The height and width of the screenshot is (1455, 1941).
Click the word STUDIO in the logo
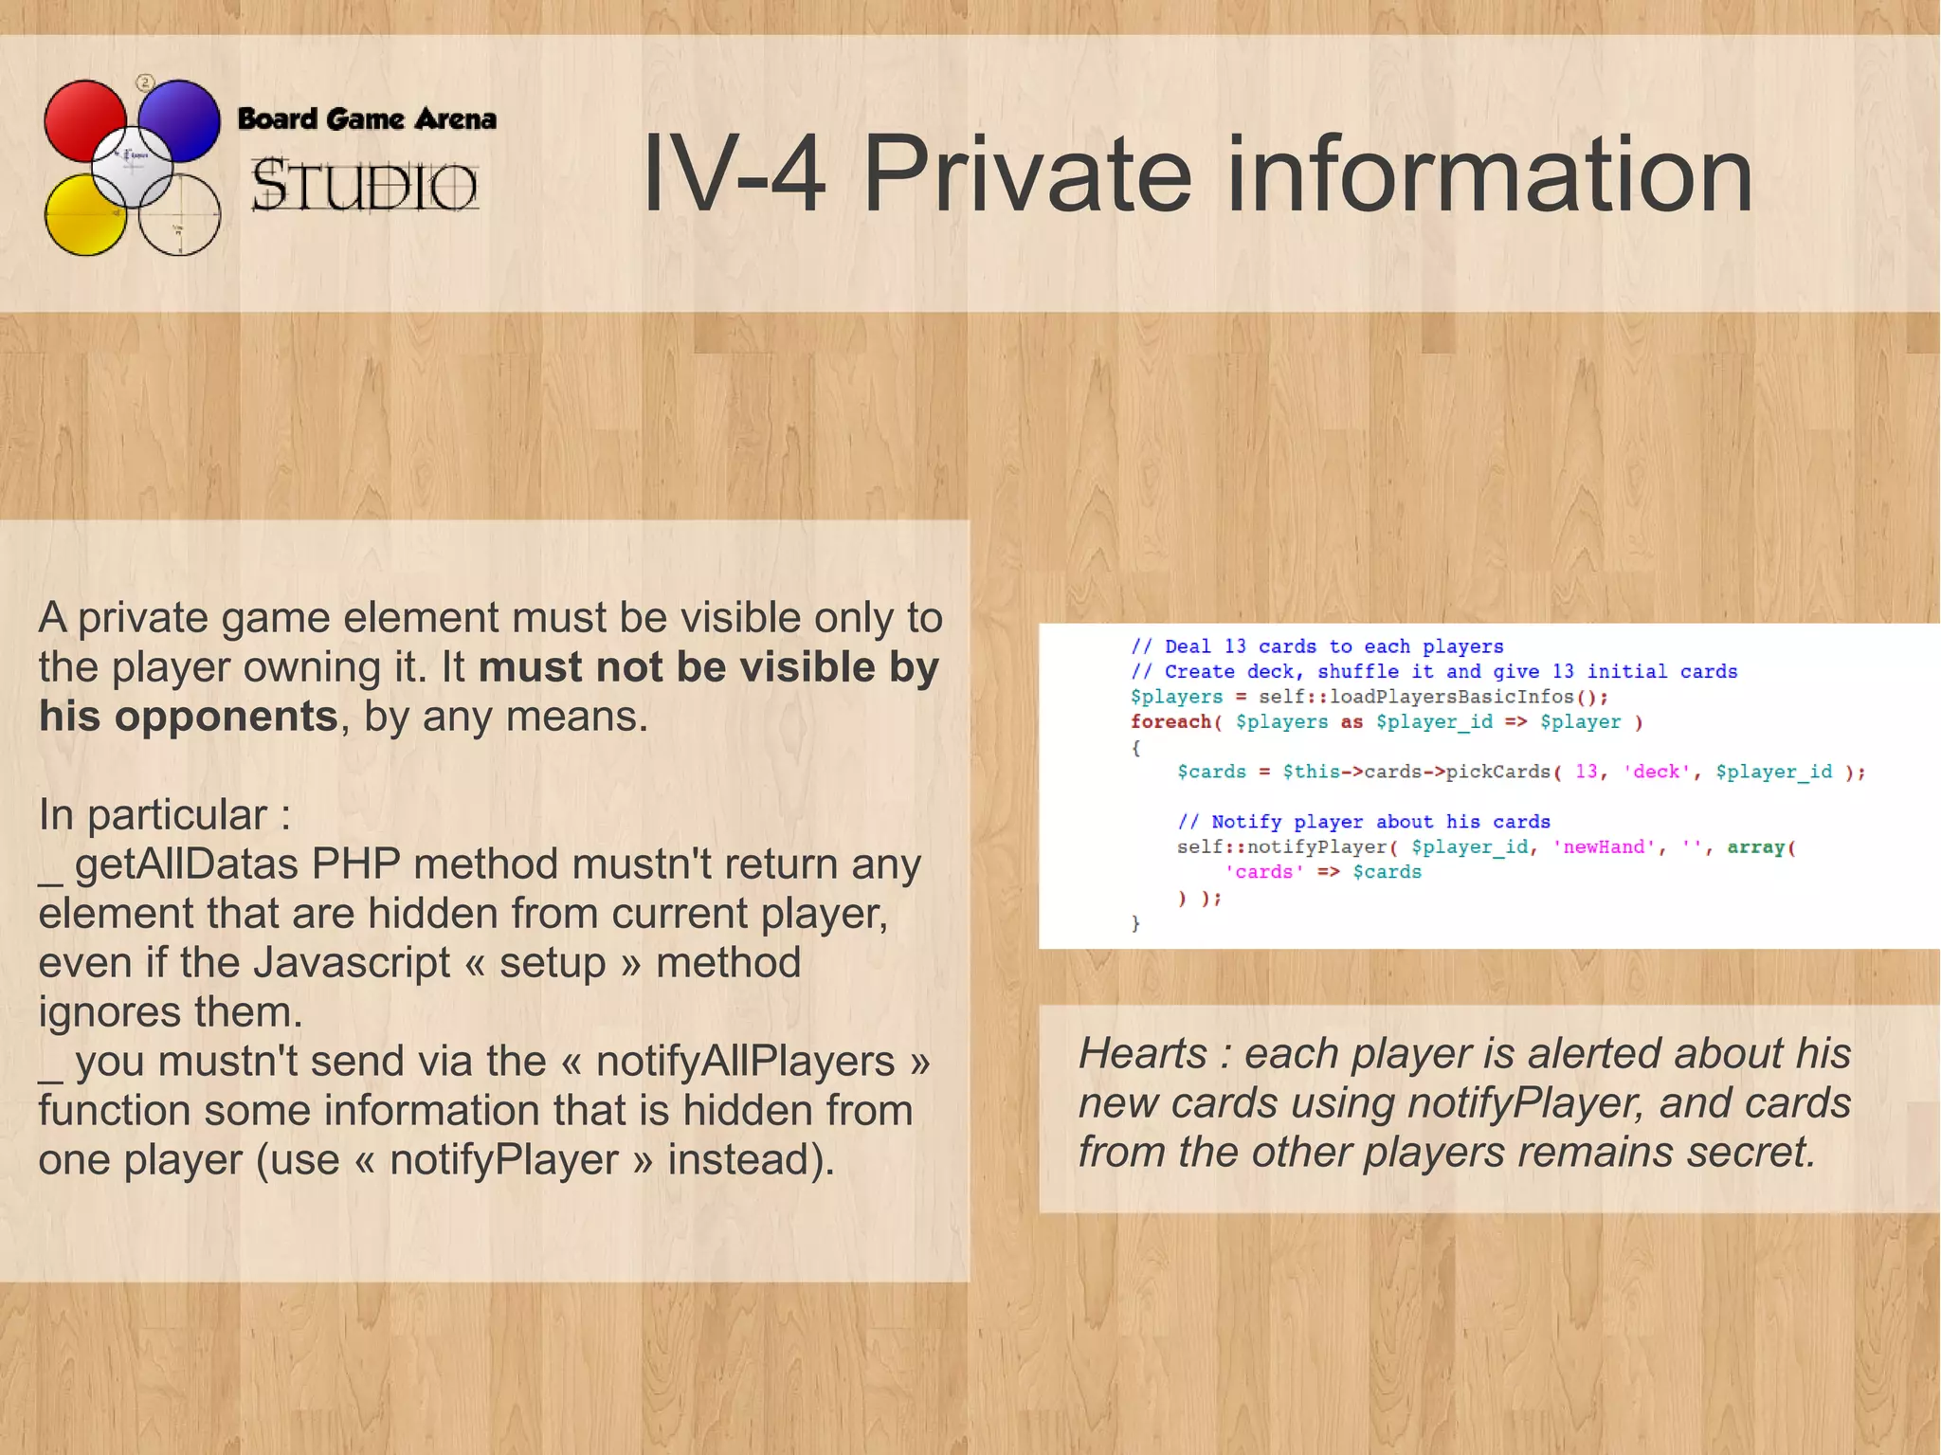pyautogui.click(x=364, y=185)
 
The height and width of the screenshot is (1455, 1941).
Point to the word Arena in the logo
pyautogui.click(x=455, y=119)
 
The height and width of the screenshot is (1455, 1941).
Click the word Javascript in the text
pyautogui.click(x=351, y=963)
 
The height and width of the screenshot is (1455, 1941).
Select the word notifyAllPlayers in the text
pyautogui.click(x=745, y=1062)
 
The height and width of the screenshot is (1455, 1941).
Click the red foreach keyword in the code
pyautogui.click(x=1170, y=722)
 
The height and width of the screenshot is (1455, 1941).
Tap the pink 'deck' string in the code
pyautogui.click(x=1656, y=773)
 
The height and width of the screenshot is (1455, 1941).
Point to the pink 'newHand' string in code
pyautogui.click(x=1604, y=847)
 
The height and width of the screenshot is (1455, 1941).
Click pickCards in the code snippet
pyautogui.click(x=1498, y=773)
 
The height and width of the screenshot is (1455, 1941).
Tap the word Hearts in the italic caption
pyautogui.click(x=1142, y=1054)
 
